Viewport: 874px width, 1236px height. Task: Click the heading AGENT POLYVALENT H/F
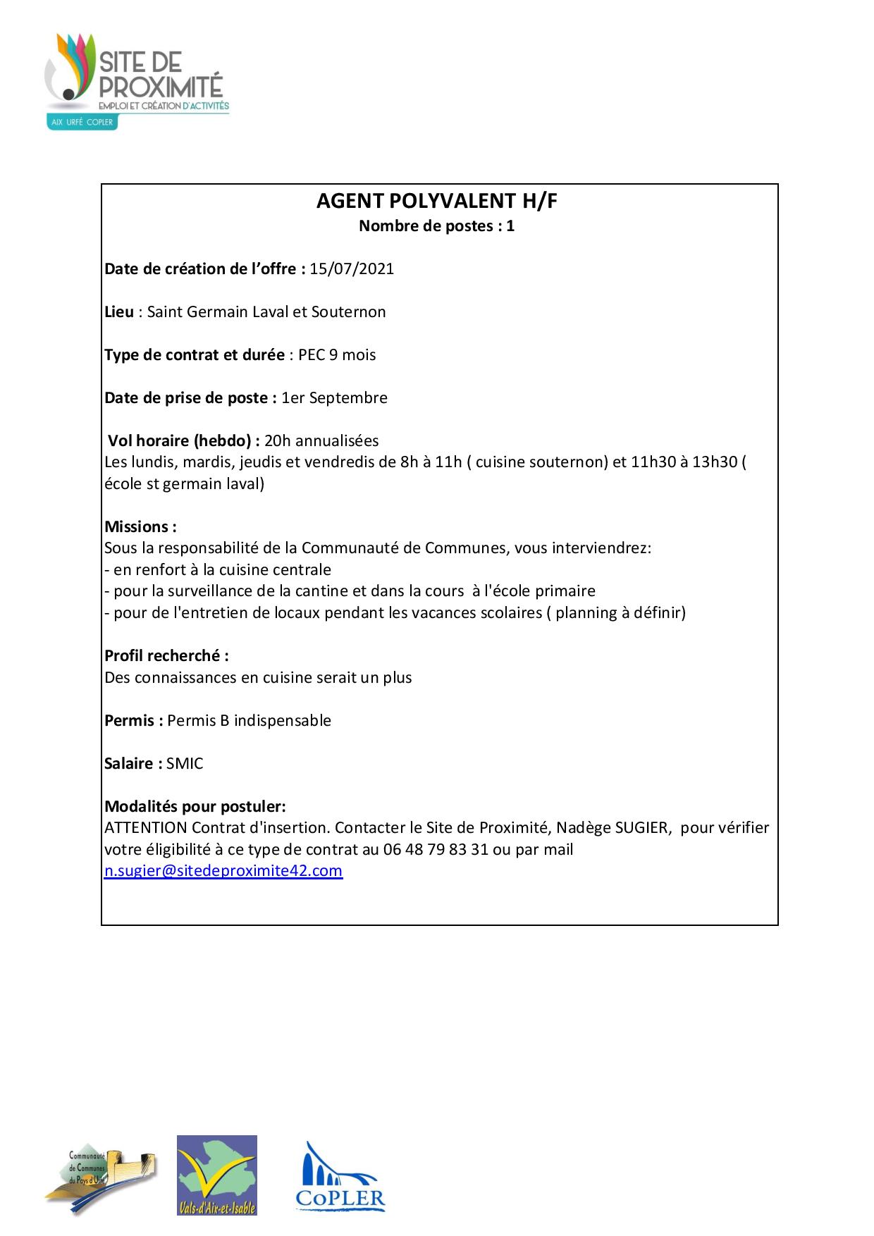[x=437, y=202]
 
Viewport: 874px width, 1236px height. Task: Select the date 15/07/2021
[x=352, y=269]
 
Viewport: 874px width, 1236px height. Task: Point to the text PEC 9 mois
[x=337, y=355]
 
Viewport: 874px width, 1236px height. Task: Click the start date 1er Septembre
[x=334, y=398]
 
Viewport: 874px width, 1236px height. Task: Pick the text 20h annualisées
[x=321, y=441]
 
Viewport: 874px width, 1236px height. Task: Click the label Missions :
[x=140, y=527]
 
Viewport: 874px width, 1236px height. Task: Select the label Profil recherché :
[x=166, y=656]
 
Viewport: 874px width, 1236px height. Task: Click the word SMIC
[x=185, y=764]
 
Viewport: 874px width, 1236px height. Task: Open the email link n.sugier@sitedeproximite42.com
[x=223, y=871]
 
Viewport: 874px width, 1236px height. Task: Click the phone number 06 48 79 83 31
[x=436, y=850]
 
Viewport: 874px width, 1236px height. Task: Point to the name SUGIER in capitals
[x=641, y=828]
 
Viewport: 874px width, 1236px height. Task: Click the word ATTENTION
[x=146, y=828]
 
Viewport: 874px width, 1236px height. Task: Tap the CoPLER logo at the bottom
[x=340, y=1178]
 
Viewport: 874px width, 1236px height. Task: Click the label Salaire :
[x=133, y=764]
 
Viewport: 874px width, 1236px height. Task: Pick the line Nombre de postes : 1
[x=437, y=227]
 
